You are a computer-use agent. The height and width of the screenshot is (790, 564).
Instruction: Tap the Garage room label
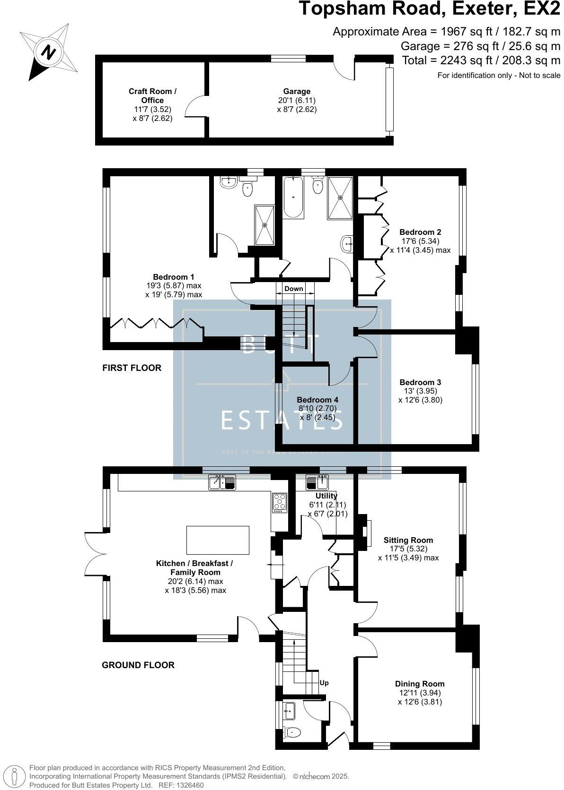coord(297,91)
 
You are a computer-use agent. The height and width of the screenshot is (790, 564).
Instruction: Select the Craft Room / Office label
coord(152,96)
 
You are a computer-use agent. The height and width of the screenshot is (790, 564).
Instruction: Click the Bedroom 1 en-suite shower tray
coord(264,225)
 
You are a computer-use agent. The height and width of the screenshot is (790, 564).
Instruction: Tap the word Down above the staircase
coord(293,289)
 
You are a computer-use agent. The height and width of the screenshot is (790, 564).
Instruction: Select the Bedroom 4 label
coord(317,400)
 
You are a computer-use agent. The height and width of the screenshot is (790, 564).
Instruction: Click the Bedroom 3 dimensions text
coord(420,395)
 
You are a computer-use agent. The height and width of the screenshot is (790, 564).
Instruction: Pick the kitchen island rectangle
coord(218,540)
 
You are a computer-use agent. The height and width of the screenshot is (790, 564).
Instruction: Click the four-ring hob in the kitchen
coord(279,502)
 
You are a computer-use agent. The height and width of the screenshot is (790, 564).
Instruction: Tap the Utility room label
coord(326,496)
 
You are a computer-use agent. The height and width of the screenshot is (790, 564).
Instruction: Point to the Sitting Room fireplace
coord(366,531)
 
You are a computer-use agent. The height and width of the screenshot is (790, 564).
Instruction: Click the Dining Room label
coord(420,684)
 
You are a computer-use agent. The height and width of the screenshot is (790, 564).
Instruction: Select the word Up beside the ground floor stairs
coord(324,683)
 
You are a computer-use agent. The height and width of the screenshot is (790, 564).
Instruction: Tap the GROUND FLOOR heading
coord(138,665)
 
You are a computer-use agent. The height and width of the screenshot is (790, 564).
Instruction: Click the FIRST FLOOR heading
coord(132,368)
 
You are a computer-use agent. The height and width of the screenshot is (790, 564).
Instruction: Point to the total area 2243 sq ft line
coord(481,60)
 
